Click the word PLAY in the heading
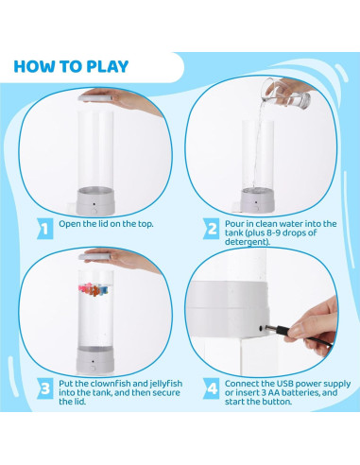108,66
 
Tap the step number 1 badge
45,228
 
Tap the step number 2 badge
212,228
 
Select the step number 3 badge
45,388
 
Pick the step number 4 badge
212,388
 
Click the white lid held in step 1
95,98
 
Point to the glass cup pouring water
286,93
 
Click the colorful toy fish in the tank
94,289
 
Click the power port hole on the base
261,328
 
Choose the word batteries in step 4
300,392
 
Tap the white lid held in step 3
94,257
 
